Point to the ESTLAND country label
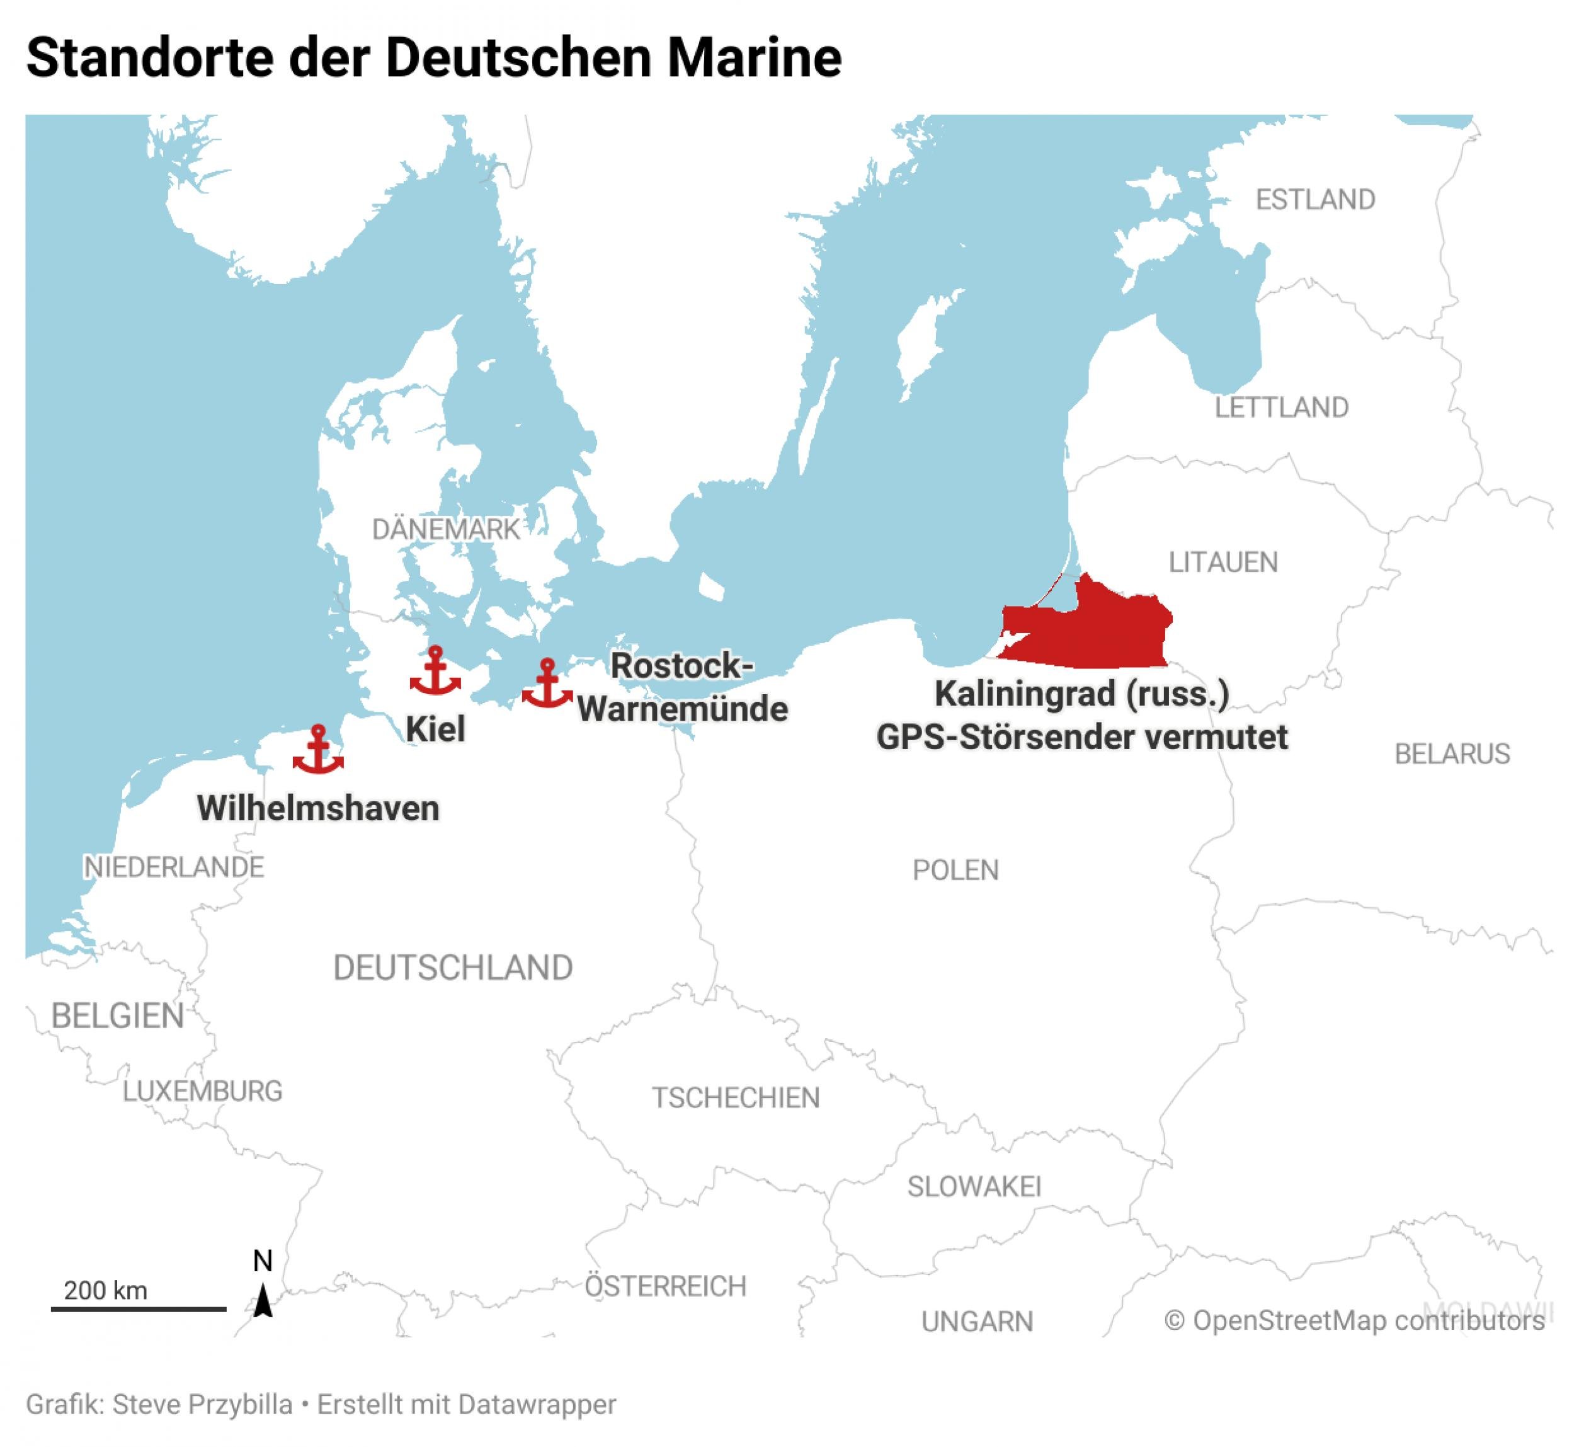(1315, 200)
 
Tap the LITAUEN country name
(1223, 562)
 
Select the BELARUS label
(1452, 753)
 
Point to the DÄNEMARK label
(446, 530)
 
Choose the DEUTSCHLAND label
(453, 968)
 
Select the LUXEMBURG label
(202, 1090)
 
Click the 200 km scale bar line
(139, 1309)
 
